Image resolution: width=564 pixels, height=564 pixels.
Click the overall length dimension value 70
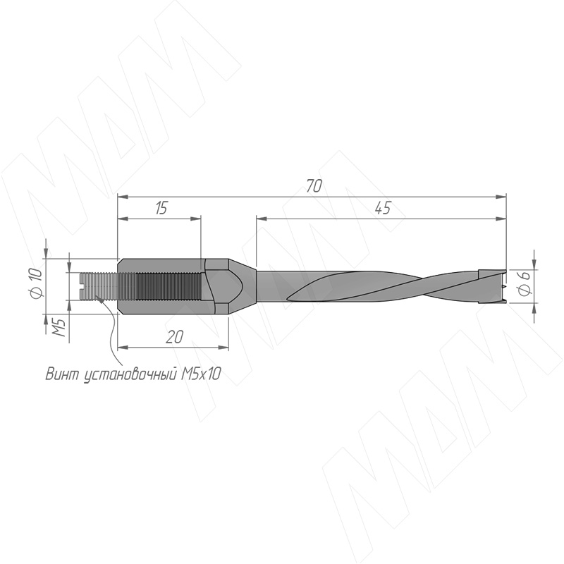tap(314, 186)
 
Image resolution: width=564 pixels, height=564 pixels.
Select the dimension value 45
tap(383, 208)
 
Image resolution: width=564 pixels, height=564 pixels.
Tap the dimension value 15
tap(161, 208)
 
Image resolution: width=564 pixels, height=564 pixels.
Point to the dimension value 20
tap(174, 337)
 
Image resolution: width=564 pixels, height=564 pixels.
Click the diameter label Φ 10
tap(37, 283)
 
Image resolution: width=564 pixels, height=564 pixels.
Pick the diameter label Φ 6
tap(525, 283)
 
